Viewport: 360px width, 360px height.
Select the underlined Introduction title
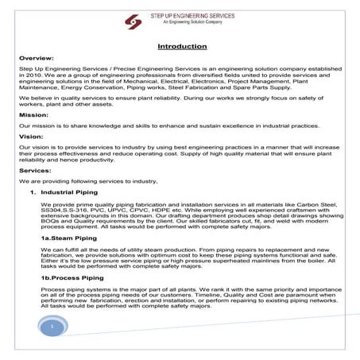pyautogui.click(x=182, y=46)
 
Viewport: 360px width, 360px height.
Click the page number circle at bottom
pyautogui.click(x=51, y=327)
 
